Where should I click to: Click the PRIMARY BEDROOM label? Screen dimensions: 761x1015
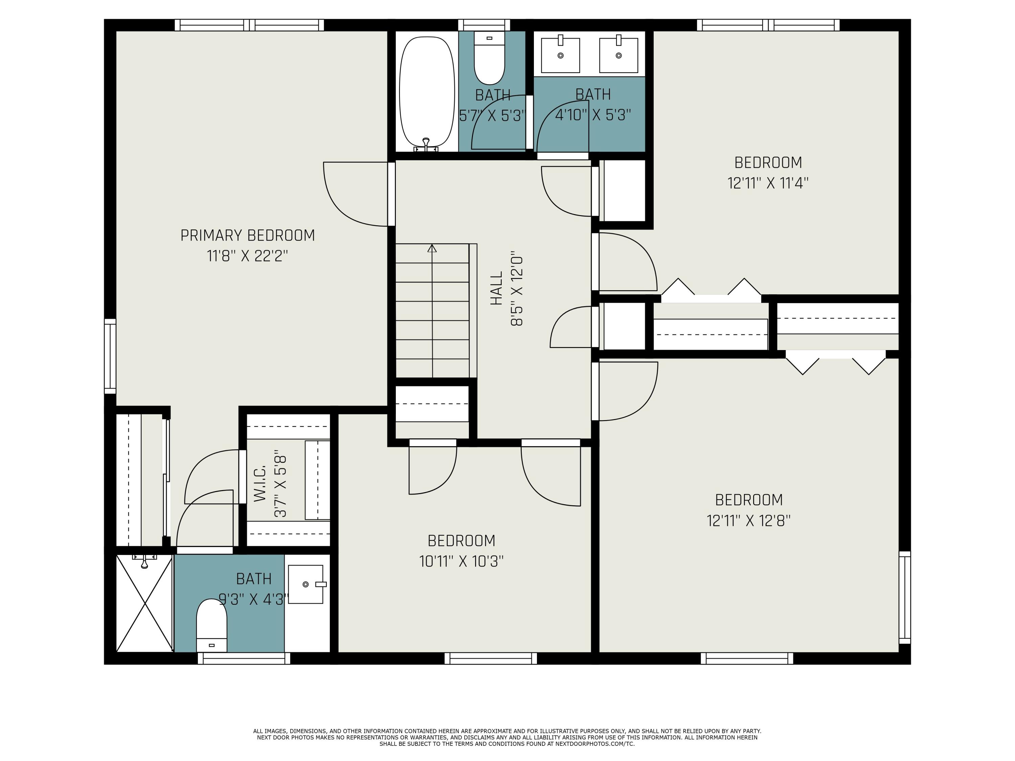pos(247,235)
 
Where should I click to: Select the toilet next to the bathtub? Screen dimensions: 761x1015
pos(489,57)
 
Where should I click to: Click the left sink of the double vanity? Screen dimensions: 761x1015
pos(560,55)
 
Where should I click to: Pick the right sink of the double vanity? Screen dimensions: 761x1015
pos(618,55)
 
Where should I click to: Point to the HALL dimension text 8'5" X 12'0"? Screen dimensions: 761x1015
pos(517,289)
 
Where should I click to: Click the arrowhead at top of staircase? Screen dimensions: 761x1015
pos(432,248)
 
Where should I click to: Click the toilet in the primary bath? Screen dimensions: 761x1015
pos(211,626)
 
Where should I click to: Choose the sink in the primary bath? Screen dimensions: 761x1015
pos(306,584)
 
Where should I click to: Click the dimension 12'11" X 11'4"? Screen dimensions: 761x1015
pos(768,183)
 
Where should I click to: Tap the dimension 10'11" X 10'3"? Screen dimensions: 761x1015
pos(461,561)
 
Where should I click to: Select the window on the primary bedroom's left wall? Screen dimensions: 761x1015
pos(110,356)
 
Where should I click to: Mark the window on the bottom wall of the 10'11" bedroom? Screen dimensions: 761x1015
pos(491,658)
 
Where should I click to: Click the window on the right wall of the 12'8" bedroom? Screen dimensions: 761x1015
pos(904,597)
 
